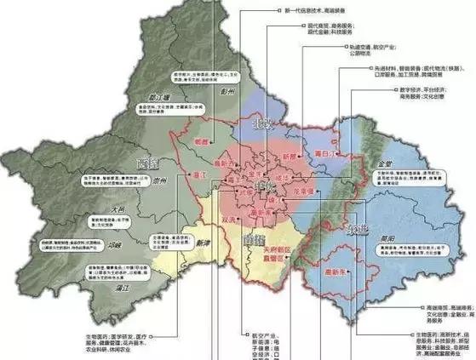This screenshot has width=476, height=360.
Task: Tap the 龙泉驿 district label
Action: point(305,192)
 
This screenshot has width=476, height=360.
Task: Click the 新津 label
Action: point(201,242)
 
